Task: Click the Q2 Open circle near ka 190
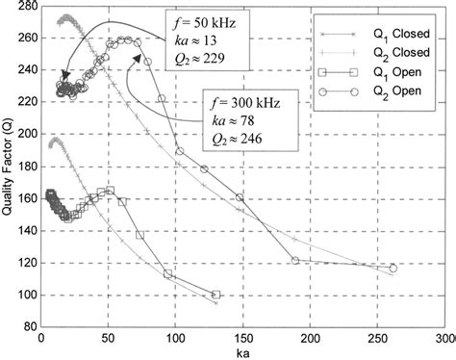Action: [x=295, y=260]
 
